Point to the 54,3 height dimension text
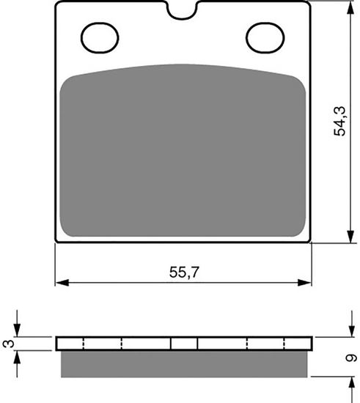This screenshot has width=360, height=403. [339, 122]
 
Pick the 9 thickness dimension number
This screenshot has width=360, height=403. [352, 358]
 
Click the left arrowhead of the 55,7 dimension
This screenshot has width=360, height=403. [60, 282]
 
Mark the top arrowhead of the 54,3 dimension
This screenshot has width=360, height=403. [347, 6]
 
